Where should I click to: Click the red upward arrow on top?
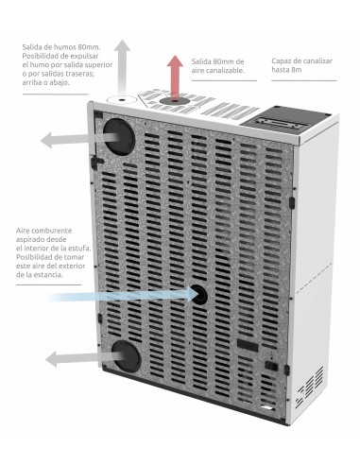(x=175, y=77)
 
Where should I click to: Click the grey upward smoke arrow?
(x=122, y=69)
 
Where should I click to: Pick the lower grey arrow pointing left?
(x=83, y=358)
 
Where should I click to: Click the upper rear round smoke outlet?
(x=119, y=137)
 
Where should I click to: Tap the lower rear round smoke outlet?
(x=126, y=355)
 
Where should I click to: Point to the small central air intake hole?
(x=199, y=295)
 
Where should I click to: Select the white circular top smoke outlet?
(x=122, y=99)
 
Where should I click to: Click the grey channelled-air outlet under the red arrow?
(x=175, y=101)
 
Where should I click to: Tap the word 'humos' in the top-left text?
(x=64, y=47)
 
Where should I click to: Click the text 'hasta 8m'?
(x=286, y=70)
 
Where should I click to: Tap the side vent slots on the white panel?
(x=310, y=387)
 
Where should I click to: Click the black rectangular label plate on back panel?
(x=248, y=345)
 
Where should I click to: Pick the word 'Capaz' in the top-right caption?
(x=281, y=61)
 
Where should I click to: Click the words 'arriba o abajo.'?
(x=46, y=82)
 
